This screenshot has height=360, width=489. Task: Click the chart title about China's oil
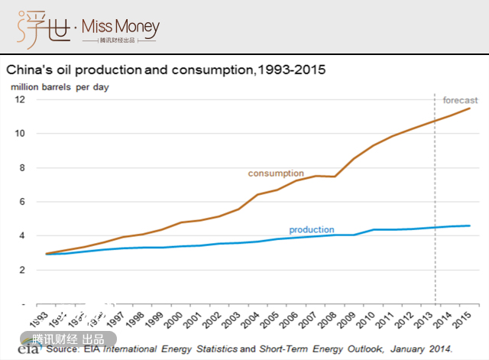[166, 70]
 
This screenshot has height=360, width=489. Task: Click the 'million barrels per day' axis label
[59, 86]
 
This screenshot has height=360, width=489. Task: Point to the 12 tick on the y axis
[21, 100]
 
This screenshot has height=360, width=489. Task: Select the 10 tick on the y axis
[21, 134]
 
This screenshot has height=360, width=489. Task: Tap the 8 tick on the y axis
[23, 168]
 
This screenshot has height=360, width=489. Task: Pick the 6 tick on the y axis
[23, 202]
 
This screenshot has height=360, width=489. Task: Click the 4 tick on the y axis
[23, 236]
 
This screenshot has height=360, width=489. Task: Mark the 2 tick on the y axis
[23, 270]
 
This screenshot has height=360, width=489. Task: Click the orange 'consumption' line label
[276, 174]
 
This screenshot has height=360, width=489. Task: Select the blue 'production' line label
[311, 229]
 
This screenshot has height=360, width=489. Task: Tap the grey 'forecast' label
[460, 100]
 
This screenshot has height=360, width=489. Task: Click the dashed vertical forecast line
[436, 199]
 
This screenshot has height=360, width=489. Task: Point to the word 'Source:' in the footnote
[62, 349]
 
